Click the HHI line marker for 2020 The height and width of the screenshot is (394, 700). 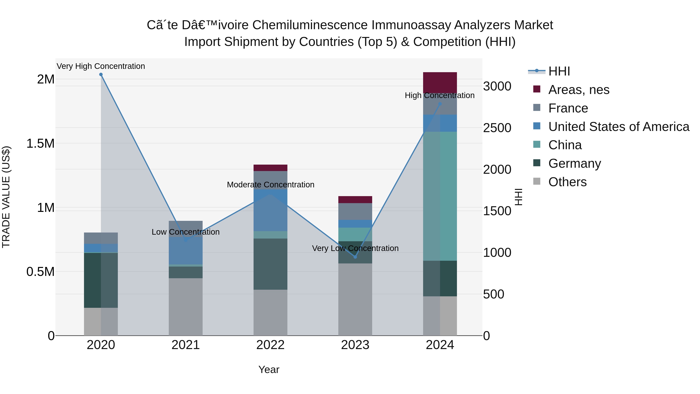(101, 75)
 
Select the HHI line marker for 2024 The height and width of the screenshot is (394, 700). (440, 104)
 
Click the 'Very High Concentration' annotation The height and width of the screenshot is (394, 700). (101, 66)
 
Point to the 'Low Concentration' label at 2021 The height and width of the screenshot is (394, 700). (186, 232)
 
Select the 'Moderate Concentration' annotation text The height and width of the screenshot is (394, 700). (270, 185)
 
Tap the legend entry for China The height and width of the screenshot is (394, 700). (565, 145)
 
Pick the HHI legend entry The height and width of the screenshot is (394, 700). (559, 71)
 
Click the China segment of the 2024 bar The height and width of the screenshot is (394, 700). (440, 196)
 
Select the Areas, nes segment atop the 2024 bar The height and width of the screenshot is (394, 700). (440, 82)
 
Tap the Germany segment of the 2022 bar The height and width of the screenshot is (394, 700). (270, 264)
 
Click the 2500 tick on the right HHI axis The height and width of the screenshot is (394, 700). (497, 128)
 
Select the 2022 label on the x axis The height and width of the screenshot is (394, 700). (270, 345)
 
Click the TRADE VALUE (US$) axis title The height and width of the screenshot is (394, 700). (6, 197)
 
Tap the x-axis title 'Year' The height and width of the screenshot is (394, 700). (269, 369)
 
